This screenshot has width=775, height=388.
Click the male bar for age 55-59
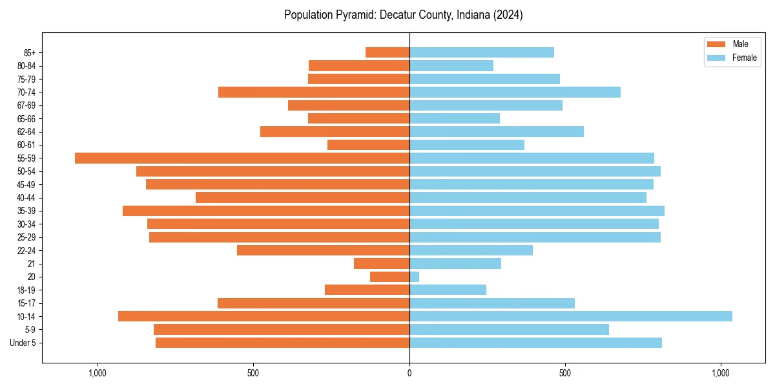(x=242, y=158)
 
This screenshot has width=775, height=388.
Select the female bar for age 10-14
(x=571, y=316)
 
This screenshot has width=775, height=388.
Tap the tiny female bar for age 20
(x=414, y=277)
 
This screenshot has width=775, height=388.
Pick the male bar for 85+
(x=387, y=52)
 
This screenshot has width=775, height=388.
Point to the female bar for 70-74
(x=515, y=92)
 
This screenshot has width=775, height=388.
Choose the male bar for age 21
(x=382, y=263)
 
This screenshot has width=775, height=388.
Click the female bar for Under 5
(x=535, y=343)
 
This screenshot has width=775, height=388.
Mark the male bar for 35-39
(x=266, y=211)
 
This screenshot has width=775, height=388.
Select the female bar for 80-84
(x=451, y=65)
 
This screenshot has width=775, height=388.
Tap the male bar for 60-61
(x=368, y=145)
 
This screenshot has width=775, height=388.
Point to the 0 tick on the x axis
(x=409, y=373)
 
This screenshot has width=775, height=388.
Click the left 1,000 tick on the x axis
(x=98, y=373)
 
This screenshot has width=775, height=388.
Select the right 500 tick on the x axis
(x=565, y=373)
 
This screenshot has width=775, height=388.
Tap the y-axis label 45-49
(x=26, y=184)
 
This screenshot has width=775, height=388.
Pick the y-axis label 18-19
(x=26, y=290)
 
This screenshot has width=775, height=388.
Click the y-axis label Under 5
(x=23, y=343)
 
